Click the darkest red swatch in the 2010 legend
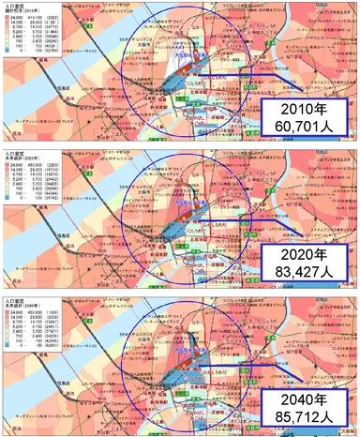[x=7, y=18]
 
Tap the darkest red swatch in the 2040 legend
[x=7, y=308]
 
